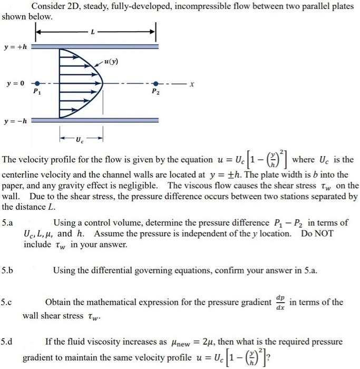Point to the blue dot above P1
pos(36,84)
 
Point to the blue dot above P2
pos(154,84)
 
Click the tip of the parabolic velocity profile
pos(102,84)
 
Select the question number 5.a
pos(7,223)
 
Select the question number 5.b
pos(7,270)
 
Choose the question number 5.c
pos(7,303)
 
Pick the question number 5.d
pos(7,342)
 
